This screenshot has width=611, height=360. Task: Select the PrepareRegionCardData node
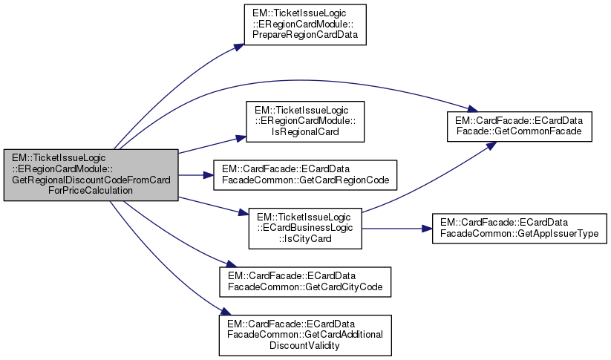306,25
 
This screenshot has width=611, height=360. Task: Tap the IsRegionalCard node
306,121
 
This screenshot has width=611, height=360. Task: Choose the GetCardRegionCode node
306,174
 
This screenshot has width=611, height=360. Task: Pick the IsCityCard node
304,228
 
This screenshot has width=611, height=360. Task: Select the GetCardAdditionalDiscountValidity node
304,334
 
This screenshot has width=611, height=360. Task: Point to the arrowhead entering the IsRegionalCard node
241,137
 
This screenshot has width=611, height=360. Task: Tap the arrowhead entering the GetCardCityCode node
223,266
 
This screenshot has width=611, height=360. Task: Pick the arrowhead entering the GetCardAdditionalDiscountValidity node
221,315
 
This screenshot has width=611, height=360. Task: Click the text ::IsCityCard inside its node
304,238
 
